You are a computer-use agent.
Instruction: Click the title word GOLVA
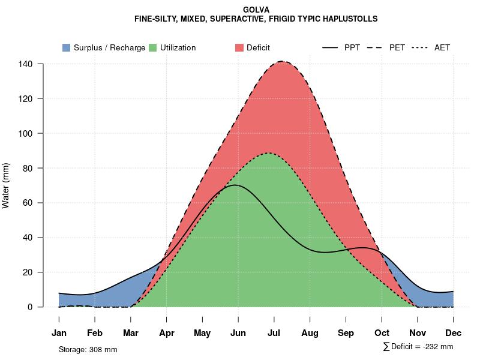tap(256, 10)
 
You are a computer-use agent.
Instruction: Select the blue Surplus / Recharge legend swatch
tap(67, 47)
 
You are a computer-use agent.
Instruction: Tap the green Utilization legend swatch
tap(152, 47)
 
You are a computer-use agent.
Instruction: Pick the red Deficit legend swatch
tap(239, 47)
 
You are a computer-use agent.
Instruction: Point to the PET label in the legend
tap(397, 47)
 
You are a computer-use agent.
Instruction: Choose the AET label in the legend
tap(442, 47)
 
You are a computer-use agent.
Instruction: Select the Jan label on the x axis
tap(59, 333)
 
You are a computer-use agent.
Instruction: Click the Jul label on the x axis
tap(274, 333)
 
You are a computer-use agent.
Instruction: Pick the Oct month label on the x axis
tap(382, 333)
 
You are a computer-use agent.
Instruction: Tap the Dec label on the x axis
tap(454, 333)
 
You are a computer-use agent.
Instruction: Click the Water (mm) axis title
tap(6, 185)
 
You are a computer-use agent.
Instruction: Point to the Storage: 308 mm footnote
tap(88, 349)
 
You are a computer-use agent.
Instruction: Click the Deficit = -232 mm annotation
tap(418, 346)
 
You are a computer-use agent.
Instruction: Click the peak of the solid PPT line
tap(235, 185)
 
